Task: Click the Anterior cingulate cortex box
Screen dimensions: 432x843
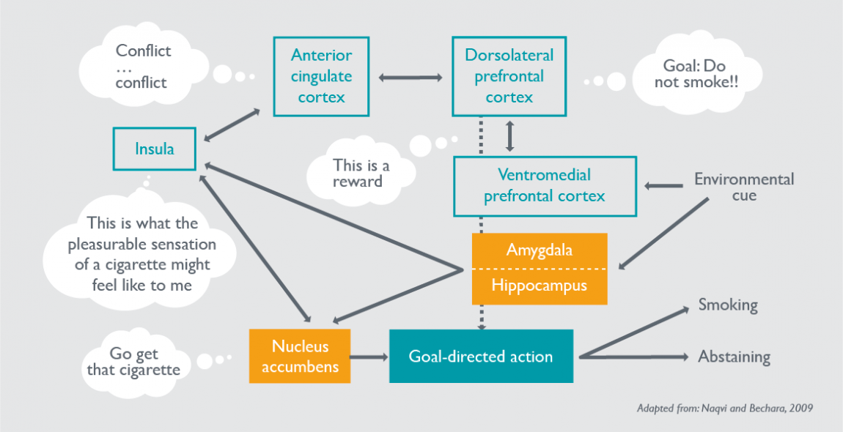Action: tap(321, 76)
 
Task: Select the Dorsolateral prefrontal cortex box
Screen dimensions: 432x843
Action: tap(509, 76)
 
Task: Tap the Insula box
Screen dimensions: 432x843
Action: tap(154, 149)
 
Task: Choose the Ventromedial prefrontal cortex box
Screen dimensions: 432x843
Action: tap(544, 185)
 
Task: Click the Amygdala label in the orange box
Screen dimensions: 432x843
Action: tap(539, 250)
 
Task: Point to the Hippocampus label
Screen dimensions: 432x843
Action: tap(539, 286)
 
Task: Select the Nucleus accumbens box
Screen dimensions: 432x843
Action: tap(300, 356)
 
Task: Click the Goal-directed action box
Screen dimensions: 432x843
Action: tap(480, 357)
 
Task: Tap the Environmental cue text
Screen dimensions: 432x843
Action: tap(743, 187)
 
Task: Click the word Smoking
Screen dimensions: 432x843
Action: tap(727, 305)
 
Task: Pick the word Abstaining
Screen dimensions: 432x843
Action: tap(734, 357)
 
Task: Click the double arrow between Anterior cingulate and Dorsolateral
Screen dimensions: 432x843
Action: tap(411, 77)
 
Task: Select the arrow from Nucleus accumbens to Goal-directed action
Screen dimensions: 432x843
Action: tap(369, 357)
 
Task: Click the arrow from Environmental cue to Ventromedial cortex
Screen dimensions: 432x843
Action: tap(663, 186)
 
